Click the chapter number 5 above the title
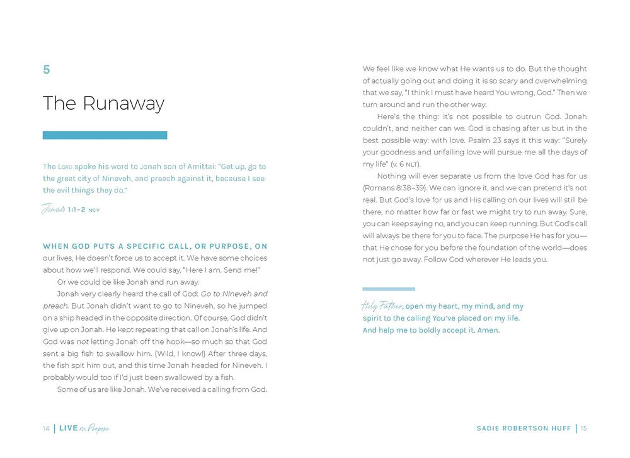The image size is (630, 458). click(x=46, y=70)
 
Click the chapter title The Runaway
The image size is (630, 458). click(x=103, y=103)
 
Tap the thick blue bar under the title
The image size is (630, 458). click(x=105, y=135)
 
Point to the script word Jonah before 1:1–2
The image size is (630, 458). click(x=54, y=209)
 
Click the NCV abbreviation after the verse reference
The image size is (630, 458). click(x=94, y=210)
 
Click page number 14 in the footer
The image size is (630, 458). click(x=46, y=428)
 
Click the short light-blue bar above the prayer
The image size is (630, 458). click(x=389, y=289)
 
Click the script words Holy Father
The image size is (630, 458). click(x=382, y=307)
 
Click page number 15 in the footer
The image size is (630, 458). click(x=584, y=428)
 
